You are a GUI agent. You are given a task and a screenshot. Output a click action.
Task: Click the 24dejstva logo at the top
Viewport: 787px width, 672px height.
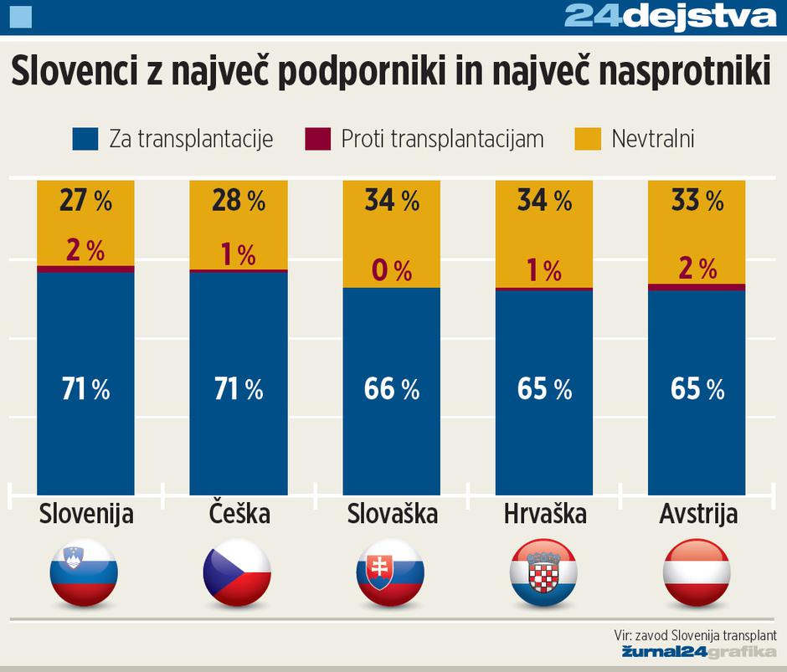pos(670,16)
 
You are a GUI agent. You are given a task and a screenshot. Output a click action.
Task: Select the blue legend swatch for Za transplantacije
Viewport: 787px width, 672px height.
pos(86,138)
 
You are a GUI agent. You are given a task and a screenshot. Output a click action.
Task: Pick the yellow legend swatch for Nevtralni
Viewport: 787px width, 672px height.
pos(588,138)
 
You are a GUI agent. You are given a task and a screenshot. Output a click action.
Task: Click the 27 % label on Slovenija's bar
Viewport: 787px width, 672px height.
pos(85,201)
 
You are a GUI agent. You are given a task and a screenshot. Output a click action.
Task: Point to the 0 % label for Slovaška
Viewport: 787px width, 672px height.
pos(392,270)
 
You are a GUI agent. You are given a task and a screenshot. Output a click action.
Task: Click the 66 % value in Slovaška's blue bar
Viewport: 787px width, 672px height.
pos(392,389)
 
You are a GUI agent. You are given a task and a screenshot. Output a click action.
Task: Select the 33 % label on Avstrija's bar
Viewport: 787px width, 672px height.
pos(697,201)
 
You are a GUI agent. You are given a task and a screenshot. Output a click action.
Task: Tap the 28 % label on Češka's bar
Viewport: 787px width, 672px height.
pos(239,201)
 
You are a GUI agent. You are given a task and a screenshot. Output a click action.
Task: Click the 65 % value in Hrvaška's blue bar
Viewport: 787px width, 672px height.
pos(544,389)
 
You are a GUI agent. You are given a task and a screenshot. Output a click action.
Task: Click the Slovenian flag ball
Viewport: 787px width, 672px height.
pos(85,573)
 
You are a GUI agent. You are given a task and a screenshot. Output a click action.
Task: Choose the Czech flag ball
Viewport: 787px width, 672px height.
pos(238,573)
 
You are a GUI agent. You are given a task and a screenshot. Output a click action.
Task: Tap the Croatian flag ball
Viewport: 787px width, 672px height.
pos(544,573)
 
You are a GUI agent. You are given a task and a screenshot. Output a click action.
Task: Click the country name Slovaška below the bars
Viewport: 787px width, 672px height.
pos(392,513)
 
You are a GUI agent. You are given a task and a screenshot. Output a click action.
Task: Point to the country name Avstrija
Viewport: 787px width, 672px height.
pos(697,513)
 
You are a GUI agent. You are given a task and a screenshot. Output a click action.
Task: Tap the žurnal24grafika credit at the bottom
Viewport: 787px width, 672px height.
pos(698,652)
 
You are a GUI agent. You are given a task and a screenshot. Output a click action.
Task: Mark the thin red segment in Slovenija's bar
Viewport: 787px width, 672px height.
pos(85,269)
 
